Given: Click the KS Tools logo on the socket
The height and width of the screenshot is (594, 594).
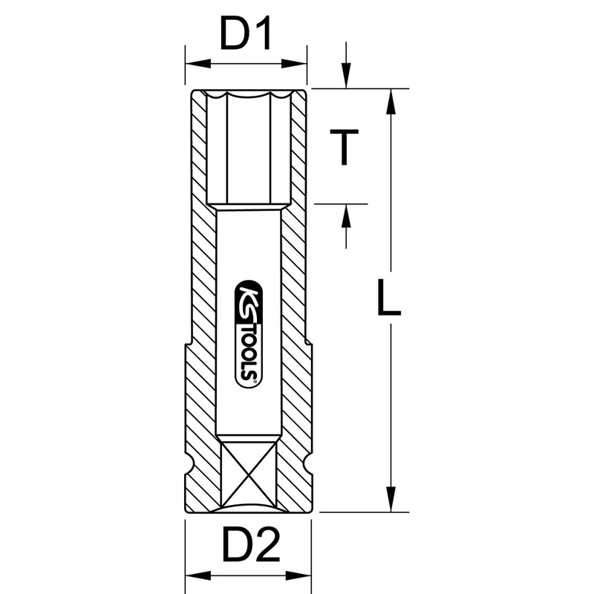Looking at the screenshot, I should [x=249, y=334].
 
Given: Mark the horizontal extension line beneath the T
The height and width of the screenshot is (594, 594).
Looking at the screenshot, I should [x=341, y=203].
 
